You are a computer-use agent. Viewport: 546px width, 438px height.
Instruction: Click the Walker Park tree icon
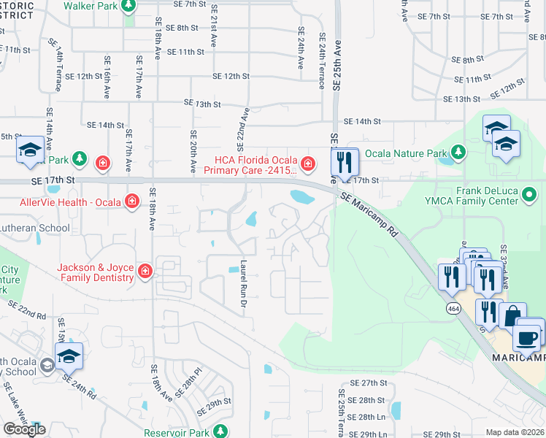pyautogui.click(x=128, y=7)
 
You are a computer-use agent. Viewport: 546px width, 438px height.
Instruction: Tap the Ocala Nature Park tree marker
pyautogui.click(x=458, y=153)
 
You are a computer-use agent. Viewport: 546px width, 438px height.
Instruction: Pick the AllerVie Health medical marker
pyautogui.click(x=131, y=200)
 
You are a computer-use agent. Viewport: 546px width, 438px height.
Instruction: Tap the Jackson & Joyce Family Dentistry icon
pyautogui.click(x=145, y=272)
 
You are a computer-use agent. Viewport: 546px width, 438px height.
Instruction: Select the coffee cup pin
pyautogui.click(x=528, y=337)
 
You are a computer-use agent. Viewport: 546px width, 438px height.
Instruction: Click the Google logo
pyautogui.click(x=24, y=429)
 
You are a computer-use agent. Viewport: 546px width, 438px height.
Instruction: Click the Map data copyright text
pyautogui.click(x=515, y=432)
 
